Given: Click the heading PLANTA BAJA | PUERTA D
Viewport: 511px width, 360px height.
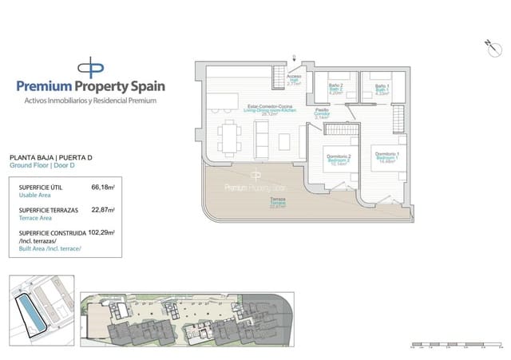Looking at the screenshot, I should point(50,158).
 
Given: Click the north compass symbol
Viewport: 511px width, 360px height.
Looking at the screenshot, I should point(488,44).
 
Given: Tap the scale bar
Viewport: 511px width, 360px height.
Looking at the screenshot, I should point(454,346).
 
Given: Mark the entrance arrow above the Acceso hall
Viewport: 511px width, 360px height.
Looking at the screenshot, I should point(295,58).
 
